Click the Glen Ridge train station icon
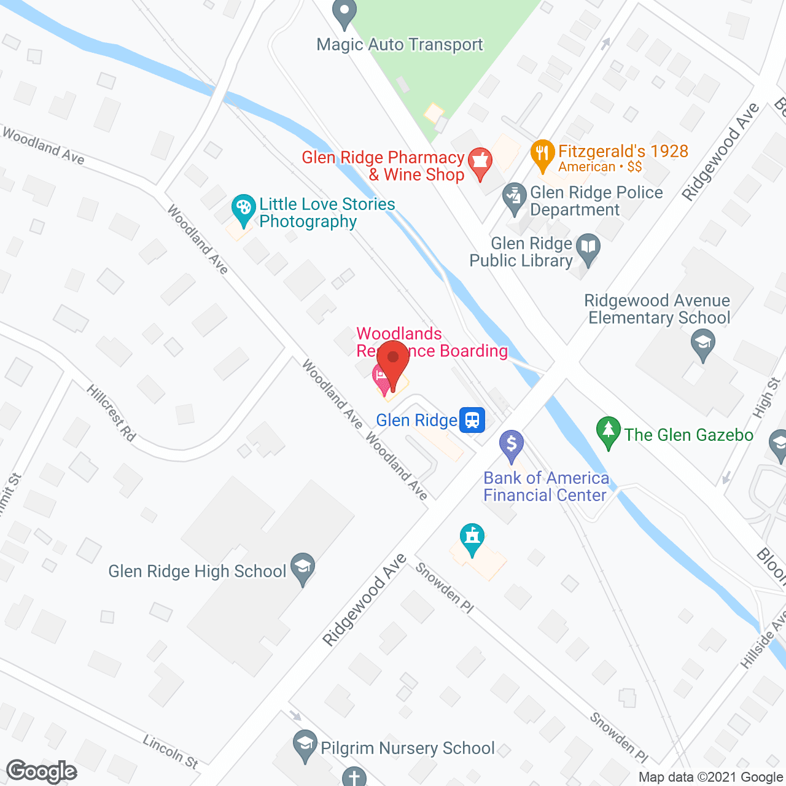click(472, 420)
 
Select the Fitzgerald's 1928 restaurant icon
click(542, 154)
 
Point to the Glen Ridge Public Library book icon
click(588, 248)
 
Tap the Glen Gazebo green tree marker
click(608, 431)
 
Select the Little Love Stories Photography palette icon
click(243, 209)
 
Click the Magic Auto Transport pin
click(344, 12)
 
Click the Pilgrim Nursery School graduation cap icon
click(305, 745)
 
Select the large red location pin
click(393, 363)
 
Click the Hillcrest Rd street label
click(111, 413)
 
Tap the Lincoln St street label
click(171, 752)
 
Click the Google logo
click(42, 771)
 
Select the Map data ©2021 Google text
click(710, 777)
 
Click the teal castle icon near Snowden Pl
click(472, 538)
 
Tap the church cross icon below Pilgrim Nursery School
click(354, 777)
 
